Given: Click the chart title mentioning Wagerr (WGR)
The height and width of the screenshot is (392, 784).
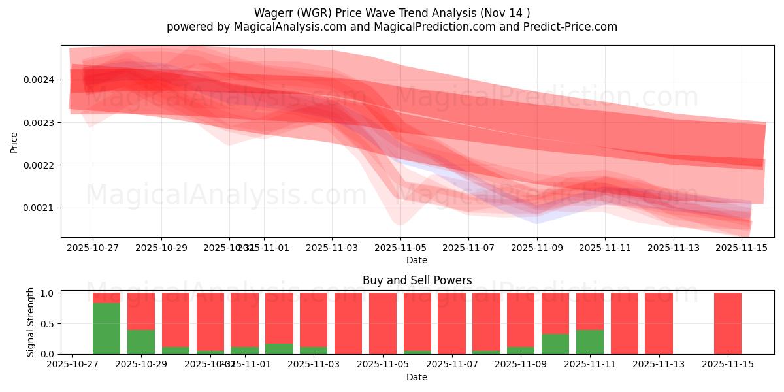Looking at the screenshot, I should coord(391,12).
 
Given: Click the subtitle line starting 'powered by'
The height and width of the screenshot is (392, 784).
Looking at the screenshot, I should coord(391,27).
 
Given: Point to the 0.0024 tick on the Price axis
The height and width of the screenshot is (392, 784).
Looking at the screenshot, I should coord(39,80).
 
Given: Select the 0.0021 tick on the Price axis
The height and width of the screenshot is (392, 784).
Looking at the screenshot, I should coord(39,208).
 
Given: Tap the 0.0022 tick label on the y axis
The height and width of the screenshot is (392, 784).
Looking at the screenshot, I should coord(39,165).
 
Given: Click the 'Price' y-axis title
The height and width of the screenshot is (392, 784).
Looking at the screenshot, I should coord(14,141).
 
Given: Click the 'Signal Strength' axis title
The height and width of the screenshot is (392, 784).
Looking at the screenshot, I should coord(30,323).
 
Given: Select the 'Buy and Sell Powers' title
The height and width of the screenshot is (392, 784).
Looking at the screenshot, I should coord(417,280).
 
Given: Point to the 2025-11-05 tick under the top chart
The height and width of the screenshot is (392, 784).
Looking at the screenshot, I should coord(400,248).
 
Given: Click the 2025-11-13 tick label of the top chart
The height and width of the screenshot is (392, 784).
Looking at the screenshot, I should coord(673,248).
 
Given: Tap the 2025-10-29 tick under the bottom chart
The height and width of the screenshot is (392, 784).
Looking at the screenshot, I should coord(141,365).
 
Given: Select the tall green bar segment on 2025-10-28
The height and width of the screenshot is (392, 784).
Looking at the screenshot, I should coord(106,329).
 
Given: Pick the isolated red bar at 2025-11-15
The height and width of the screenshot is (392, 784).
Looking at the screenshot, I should coord(728,323).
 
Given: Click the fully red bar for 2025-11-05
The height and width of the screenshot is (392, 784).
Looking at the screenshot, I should coord(383,323).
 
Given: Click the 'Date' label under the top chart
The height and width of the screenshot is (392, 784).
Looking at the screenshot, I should coord(417,260).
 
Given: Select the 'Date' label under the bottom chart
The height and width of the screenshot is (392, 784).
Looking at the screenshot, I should coord(417,377).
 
